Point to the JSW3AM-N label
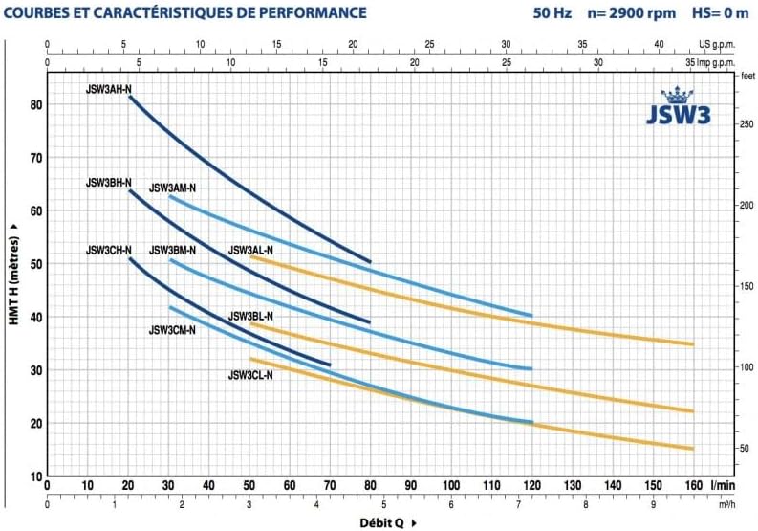point(172,188)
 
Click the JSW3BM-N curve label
point(172,251)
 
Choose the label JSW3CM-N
point(172,330)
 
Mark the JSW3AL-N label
point(250,251)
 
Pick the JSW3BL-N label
point(250,316)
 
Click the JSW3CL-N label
point(250,375)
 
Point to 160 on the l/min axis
point(693,486)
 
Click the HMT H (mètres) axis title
point(13,274)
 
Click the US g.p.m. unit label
point(719,44)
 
